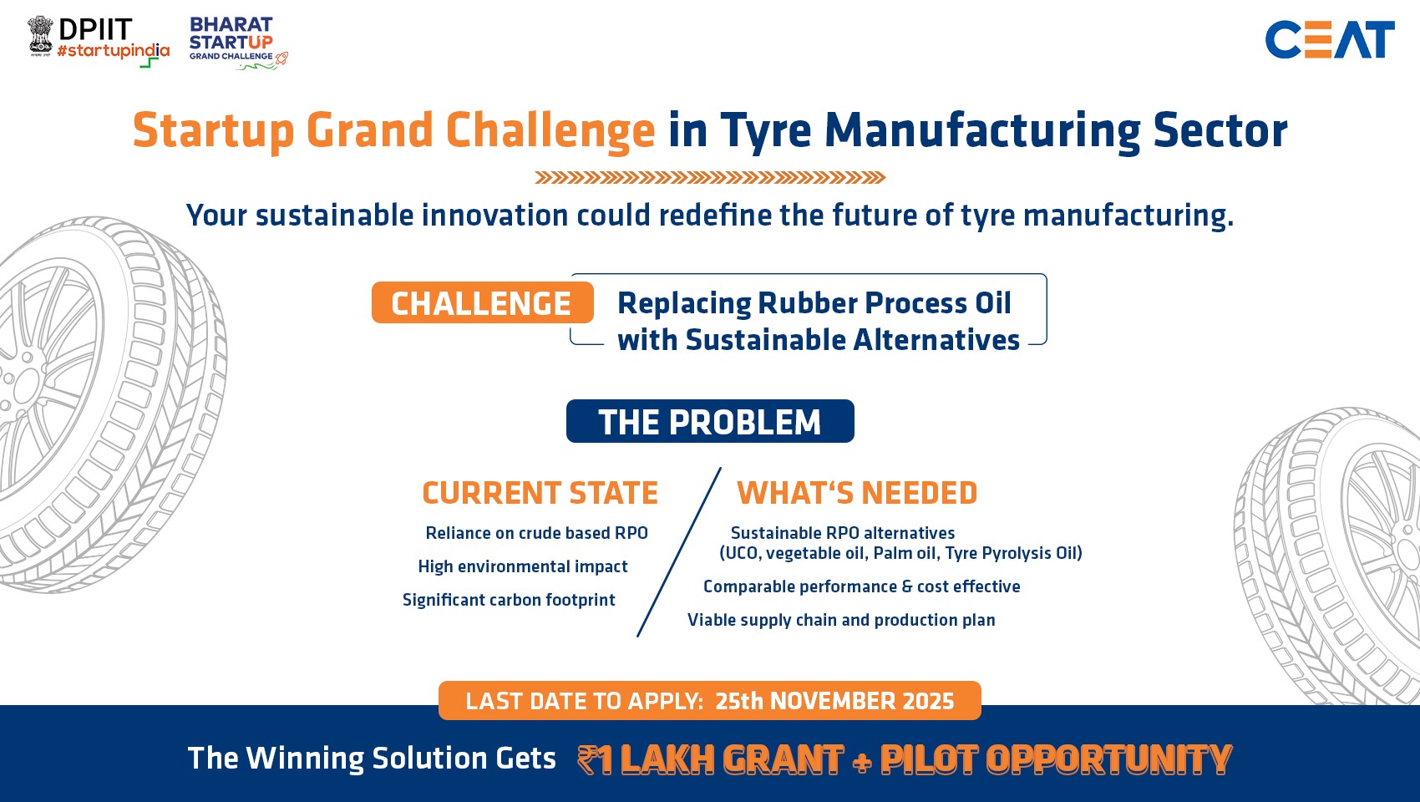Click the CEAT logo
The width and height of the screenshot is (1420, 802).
(x=1330, y=39)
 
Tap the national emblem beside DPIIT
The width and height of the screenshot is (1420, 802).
(x=41, y=36)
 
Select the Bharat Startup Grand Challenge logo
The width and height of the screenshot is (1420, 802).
(x=238, y=43)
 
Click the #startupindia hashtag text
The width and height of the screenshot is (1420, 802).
(x=114, y=51)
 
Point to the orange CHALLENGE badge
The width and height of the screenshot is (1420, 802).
(x=483, y=302)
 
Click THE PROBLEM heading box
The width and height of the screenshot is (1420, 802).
(x=710, y=421)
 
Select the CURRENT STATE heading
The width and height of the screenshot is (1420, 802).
(x=540, y=493)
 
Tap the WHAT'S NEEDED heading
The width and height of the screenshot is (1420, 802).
(x=857, y=493)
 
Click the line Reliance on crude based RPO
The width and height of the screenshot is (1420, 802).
(x=536, y=533)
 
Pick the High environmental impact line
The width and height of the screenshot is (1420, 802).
(x=522, y=566)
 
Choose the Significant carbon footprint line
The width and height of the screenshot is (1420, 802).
(x=509, y=600)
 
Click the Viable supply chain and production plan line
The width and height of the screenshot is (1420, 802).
(x=841, y=620)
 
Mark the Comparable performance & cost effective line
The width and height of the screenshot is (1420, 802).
(x=861, y=586)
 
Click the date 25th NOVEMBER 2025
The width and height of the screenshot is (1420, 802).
(x=834, y=701)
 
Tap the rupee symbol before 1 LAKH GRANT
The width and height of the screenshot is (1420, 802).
(x=587, y=759)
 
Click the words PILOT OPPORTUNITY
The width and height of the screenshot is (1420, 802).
(x=1056, y=759)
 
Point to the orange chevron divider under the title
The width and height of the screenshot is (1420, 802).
(x=710, y=177)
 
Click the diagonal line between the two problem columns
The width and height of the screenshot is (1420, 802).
(x=679, y=552)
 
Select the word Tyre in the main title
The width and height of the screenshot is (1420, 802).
(x=765, y=131)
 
